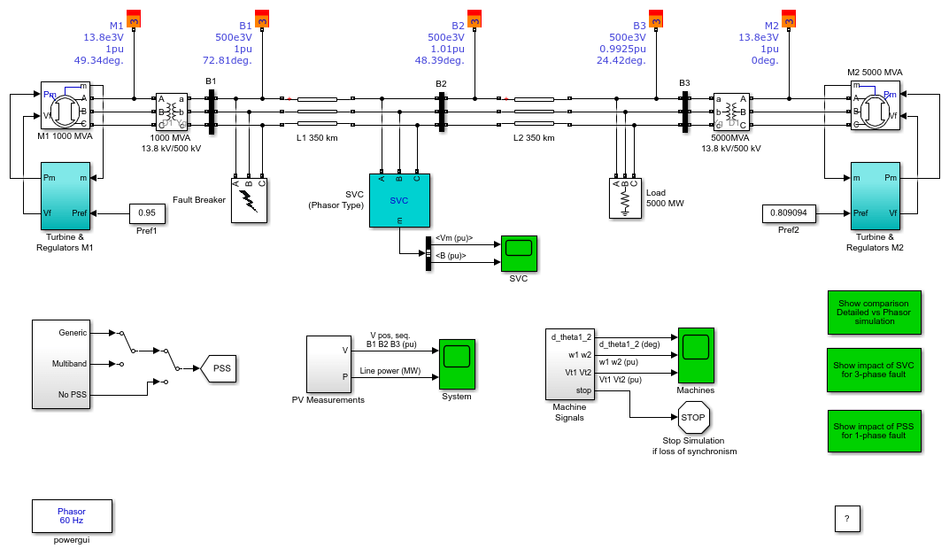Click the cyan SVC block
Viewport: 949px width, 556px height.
pos(399,200)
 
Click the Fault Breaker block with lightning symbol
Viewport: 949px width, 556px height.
pos(249,201)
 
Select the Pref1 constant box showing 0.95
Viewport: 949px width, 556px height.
pos(147,213)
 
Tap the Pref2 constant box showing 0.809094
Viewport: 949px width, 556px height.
pos(789,213)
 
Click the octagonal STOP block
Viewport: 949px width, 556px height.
pos(693,418)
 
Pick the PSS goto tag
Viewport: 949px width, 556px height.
pos(219,368)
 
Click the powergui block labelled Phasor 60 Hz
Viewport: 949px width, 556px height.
pos(72,516)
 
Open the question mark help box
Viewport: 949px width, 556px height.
pos(847,519)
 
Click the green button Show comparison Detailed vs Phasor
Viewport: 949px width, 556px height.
pos(874,313)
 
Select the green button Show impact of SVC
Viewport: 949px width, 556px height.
pos(874,370)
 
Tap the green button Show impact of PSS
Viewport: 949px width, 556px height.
pos(874,431)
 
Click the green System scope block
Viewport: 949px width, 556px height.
pos(457,364)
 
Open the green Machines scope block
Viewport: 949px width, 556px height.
pos(696,356)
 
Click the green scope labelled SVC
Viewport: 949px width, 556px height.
pos(519,253)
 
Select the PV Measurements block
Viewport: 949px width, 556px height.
pos(328,364)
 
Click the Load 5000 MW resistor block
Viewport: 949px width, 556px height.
pos(625,198)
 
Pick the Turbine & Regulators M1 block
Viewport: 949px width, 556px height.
pos(66,196)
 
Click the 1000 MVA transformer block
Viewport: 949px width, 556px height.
pos(172,112)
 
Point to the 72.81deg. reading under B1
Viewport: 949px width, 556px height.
pos(227,60)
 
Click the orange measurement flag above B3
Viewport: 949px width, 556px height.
pos(656,19)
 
